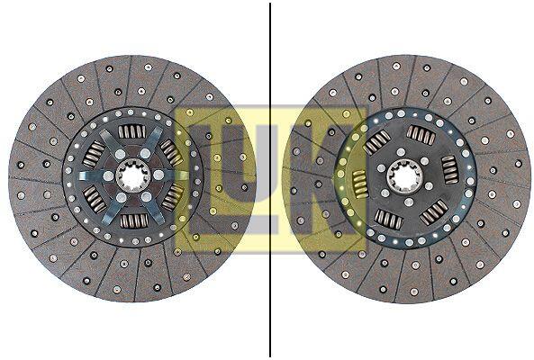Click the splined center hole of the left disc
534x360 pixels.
click(x=132, y=175)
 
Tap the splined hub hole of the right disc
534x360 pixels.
click(x=404, y=176)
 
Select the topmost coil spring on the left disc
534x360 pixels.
click(x=132, y=131)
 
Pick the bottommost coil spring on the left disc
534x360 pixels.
click(x=134, y=221)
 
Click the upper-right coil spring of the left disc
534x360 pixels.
click(x=172, y=152)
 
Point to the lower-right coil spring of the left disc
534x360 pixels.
click(x=172, y=197)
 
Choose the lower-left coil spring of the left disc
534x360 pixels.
click(x=95, y=200)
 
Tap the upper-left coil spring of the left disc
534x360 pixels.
click(x=94, y=154)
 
